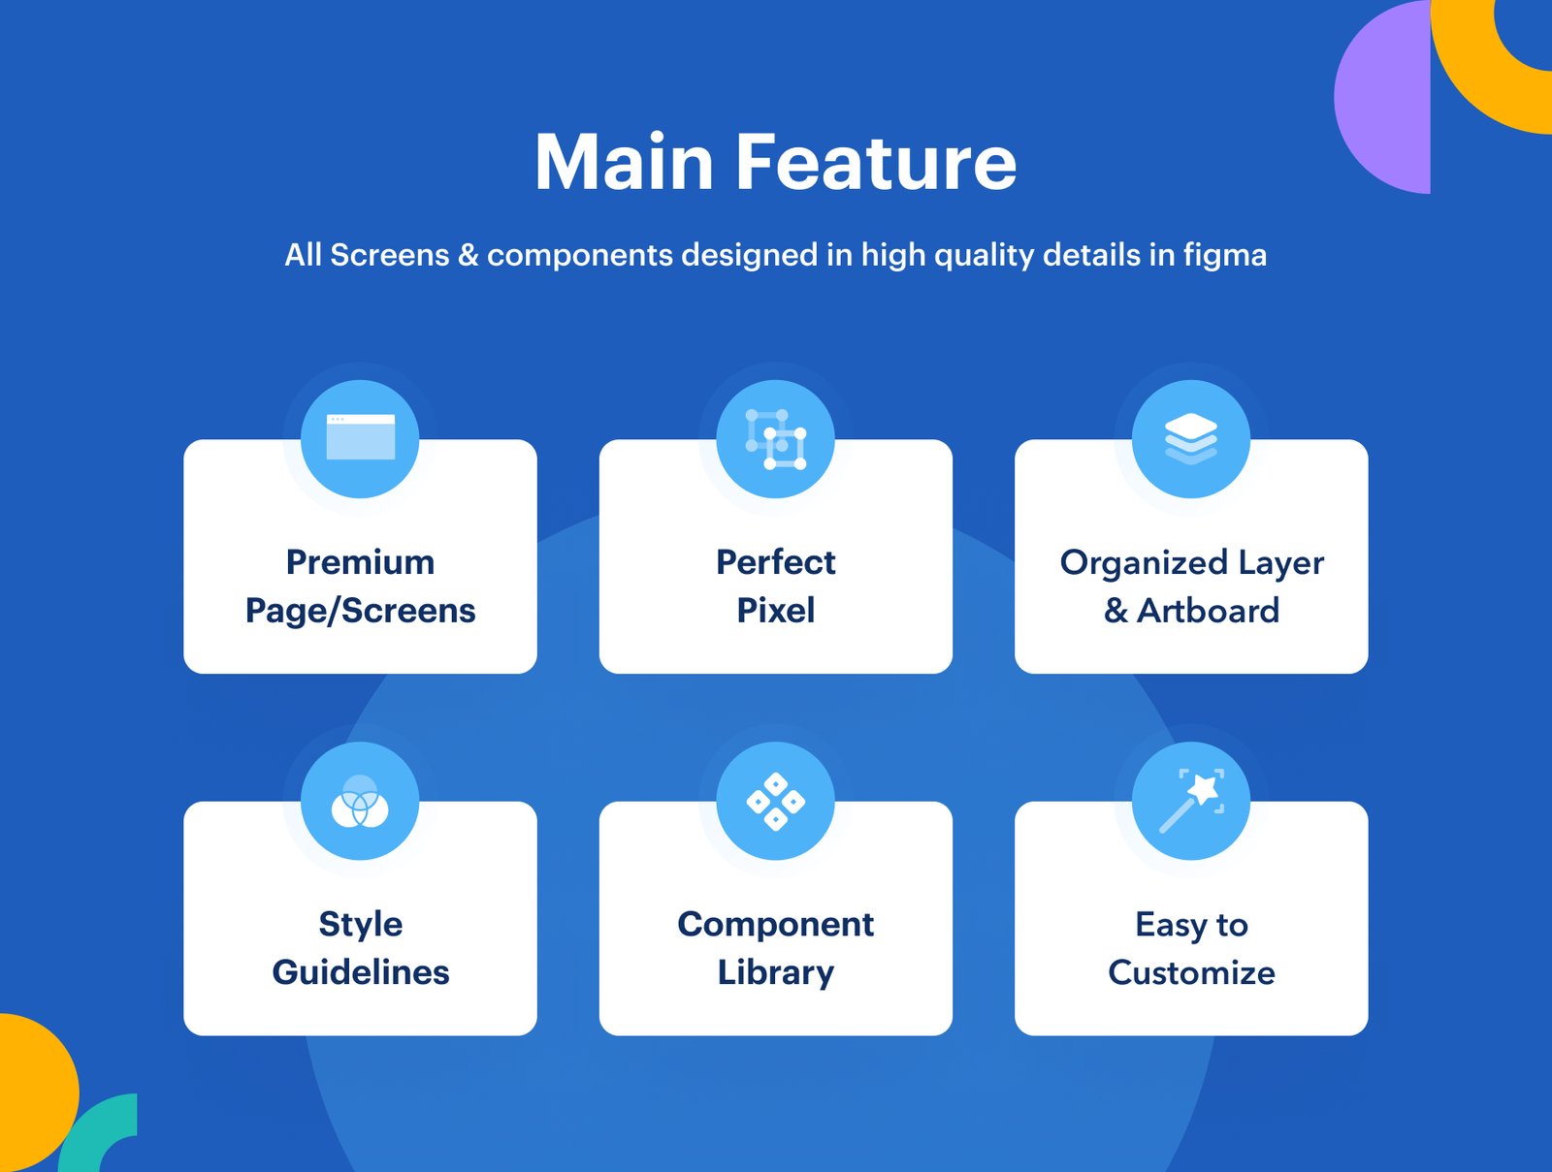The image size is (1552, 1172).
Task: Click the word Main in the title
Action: (x=625, y=163)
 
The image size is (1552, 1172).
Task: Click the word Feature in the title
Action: (x=876, y=163)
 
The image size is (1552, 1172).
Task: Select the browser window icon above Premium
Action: (x=360, y=438)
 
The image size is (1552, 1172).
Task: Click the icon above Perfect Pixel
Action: (x=775, y=439)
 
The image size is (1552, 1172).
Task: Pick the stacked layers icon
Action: (x=1191, y=438)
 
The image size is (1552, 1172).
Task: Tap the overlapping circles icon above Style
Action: (x=360, y=802)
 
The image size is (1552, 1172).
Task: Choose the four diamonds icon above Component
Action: (x=775, y=802)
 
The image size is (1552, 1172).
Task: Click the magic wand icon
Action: (x=1191, y=801)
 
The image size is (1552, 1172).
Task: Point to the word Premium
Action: (x=360, y=562)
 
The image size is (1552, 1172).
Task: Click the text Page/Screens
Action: (x=360, y=611)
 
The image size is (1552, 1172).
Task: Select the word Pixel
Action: (x=775, y=611)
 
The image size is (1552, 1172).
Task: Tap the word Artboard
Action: (x=1208, y=611)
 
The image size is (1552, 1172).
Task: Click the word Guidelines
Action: (x=360, y=972)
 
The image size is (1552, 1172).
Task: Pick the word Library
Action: (x=775, y=972)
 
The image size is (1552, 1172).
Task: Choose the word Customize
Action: (x=1191, y=972)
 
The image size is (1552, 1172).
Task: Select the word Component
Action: (x=775, y=924)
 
